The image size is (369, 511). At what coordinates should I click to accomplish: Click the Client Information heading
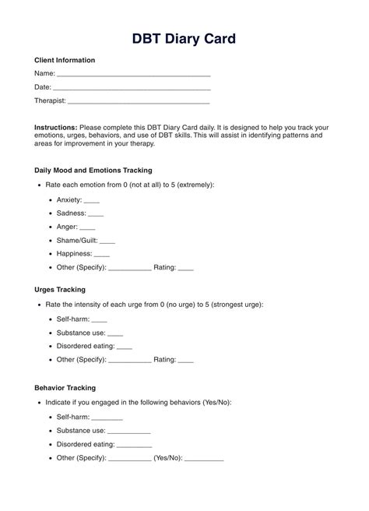pyautogui.click(x=65, y=60)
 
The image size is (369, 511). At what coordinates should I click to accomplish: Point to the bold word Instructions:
pyautogui.click(x=55, y=126)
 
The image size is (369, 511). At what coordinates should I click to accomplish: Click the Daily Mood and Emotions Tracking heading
pyautogui.click(x=93, y=170)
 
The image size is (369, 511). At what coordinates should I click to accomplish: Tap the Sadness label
pyautogui.click(x=71, y=213)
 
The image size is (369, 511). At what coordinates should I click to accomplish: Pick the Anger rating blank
pyautogui.click(x=87, y=227)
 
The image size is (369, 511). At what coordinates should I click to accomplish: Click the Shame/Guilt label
pyautogui.click(x=77, y=241)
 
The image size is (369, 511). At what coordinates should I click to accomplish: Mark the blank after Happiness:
pyautogui.click(x=102, y=255)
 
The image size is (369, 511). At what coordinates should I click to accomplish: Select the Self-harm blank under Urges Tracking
pyautogui.click(x=99, y=319)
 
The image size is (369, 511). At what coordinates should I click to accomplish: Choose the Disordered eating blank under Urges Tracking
pyautogui.click(x=124, y=347)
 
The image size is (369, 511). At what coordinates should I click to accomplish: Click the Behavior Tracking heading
pyautogui.click(x=65, y=387)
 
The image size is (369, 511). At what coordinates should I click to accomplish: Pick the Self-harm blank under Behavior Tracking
pyautogui.click(x=107, y=418)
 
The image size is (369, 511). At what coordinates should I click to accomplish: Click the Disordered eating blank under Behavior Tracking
pyautogui.click(x=134, y=445)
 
